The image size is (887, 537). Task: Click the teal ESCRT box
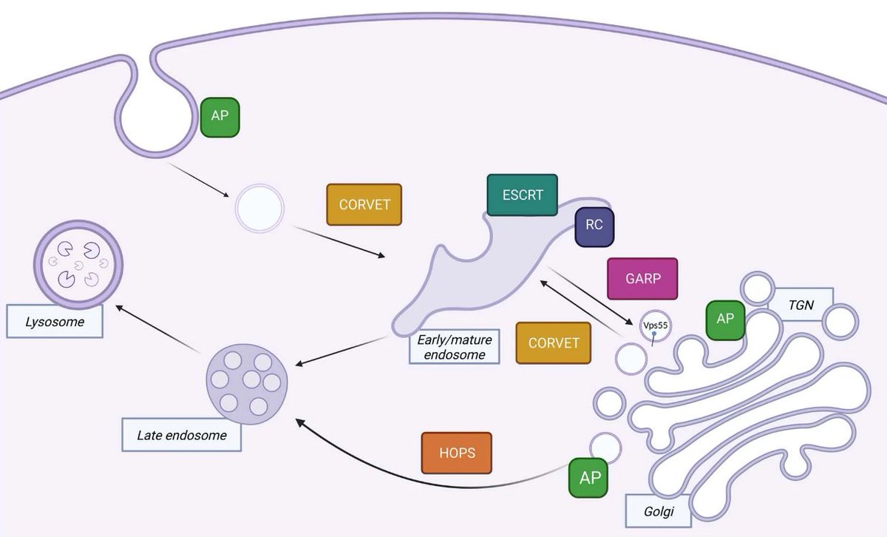pos(522,195)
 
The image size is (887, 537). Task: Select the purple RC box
pos(594,225)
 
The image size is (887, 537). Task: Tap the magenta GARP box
pos(642,279)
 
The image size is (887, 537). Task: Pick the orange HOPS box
pos(456,452)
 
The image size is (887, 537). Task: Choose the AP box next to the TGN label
pos(724,320)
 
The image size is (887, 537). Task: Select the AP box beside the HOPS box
pos(589,477)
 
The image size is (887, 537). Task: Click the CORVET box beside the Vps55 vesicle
pos(553,343)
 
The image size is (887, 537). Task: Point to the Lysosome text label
pos(55,322)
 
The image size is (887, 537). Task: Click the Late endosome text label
pos(181,435)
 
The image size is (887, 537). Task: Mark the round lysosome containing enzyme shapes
pos(78,263)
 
